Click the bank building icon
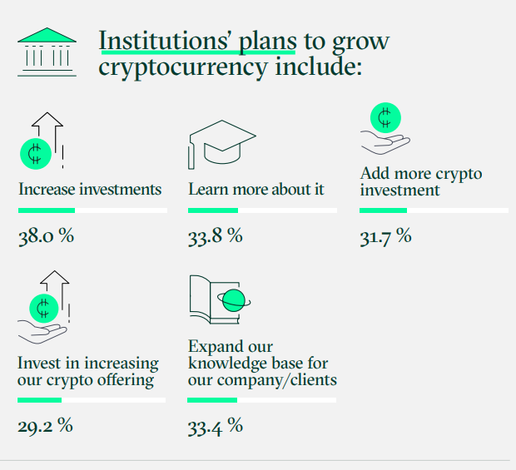click(47, 52)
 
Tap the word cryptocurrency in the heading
click(183, 67)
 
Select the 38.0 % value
click(46, 235)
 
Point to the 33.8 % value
click(216, 235)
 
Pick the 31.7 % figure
click(385, 236)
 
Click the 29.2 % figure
click(45, 426)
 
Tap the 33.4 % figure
click(216, 426)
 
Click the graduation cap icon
click(222, 145)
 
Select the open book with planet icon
click(221, 299)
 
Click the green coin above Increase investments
click(36, 154)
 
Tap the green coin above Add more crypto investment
click(385, 118)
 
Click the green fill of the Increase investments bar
click(47, 210)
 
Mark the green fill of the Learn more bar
click(213, 210)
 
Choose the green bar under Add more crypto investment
click(383, 210)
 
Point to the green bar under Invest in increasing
click(39, 400)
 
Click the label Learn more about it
click(256, 190)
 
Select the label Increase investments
click(90, 190)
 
